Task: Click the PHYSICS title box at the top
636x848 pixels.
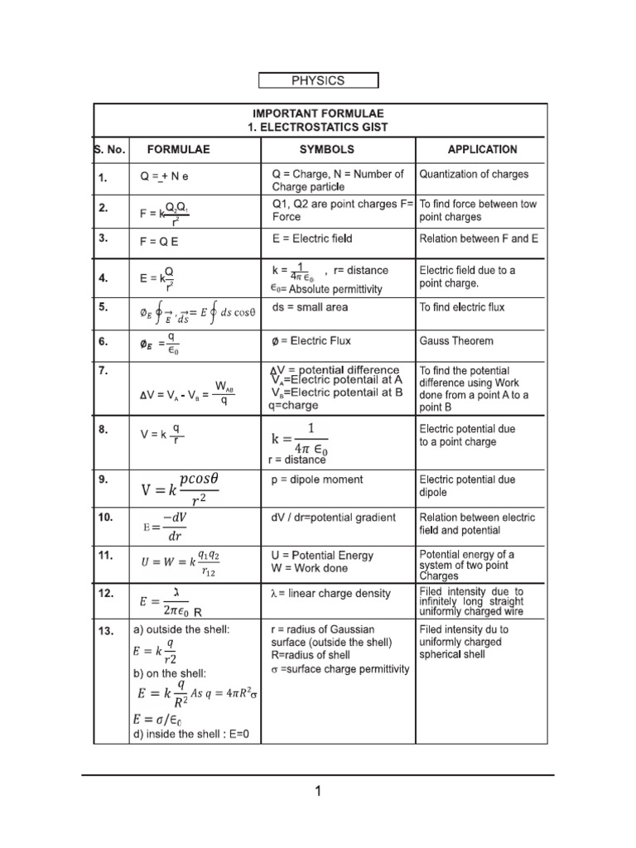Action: [318, 80]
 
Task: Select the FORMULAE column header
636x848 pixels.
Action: [178, 150]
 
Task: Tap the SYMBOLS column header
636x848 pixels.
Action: [326, 150]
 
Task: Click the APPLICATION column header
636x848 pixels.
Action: [482, 150]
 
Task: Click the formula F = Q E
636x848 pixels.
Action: [158, 243]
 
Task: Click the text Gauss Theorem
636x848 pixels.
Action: [456, 340]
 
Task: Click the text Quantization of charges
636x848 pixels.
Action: [474, 174]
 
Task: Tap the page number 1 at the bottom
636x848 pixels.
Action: [317, 792]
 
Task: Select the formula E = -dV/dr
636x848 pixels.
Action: [166, 527]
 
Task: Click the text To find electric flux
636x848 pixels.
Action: [462, 307]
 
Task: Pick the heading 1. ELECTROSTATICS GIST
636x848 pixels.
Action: [318, 127]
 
